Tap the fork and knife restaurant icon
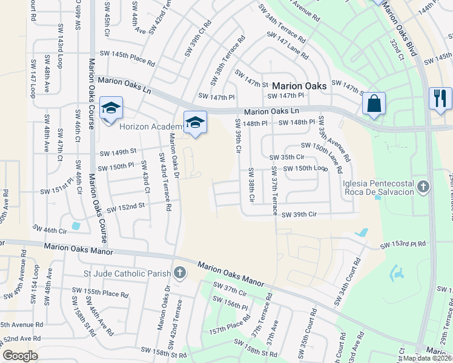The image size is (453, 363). coord(440,97)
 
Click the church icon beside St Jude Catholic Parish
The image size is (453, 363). coord(179,273)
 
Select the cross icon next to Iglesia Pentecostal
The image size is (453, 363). coord(423,186)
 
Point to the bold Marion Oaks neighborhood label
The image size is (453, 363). coord(299,86)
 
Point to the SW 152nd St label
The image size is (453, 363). coord(126,207)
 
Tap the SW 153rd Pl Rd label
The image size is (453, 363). coord(403,245)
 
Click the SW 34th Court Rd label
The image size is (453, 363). coord(345,283)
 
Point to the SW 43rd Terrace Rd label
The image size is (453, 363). coord(165,181)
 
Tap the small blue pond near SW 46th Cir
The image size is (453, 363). coord(75,226)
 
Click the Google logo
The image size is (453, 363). coord(20,356)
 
